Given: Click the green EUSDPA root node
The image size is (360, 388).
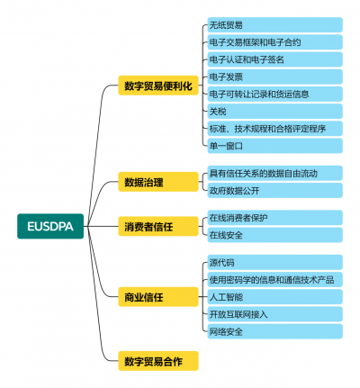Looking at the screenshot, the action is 50,226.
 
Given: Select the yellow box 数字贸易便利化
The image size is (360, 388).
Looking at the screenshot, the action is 158,86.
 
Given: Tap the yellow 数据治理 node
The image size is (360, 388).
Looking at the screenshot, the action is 158,182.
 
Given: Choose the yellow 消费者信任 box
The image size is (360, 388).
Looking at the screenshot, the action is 158,226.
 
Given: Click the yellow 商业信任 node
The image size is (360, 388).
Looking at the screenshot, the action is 158,297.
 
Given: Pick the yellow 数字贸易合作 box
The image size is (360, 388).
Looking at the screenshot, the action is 158,361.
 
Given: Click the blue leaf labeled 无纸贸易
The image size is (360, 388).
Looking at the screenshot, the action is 274,25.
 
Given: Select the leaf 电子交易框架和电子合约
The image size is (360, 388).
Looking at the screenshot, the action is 274,42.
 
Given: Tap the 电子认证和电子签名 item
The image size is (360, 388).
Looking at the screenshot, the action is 274,59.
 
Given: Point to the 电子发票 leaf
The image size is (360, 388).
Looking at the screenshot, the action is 274,77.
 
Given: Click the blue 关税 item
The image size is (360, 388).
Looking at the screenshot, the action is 274,112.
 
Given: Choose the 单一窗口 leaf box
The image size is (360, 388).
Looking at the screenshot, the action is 274,146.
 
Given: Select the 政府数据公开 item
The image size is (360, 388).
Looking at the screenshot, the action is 274,190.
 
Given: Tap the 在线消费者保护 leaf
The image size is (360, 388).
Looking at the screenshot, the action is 274,218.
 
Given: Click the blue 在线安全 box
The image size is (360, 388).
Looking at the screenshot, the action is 274,235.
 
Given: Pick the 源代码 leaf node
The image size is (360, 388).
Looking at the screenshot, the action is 274,262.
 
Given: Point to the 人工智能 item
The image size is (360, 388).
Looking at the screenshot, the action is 274,297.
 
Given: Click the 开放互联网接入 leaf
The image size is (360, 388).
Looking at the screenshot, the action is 274,314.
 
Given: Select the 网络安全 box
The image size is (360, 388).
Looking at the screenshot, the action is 274,331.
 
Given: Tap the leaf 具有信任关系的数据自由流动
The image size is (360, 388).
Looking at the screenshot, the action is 274,173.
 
